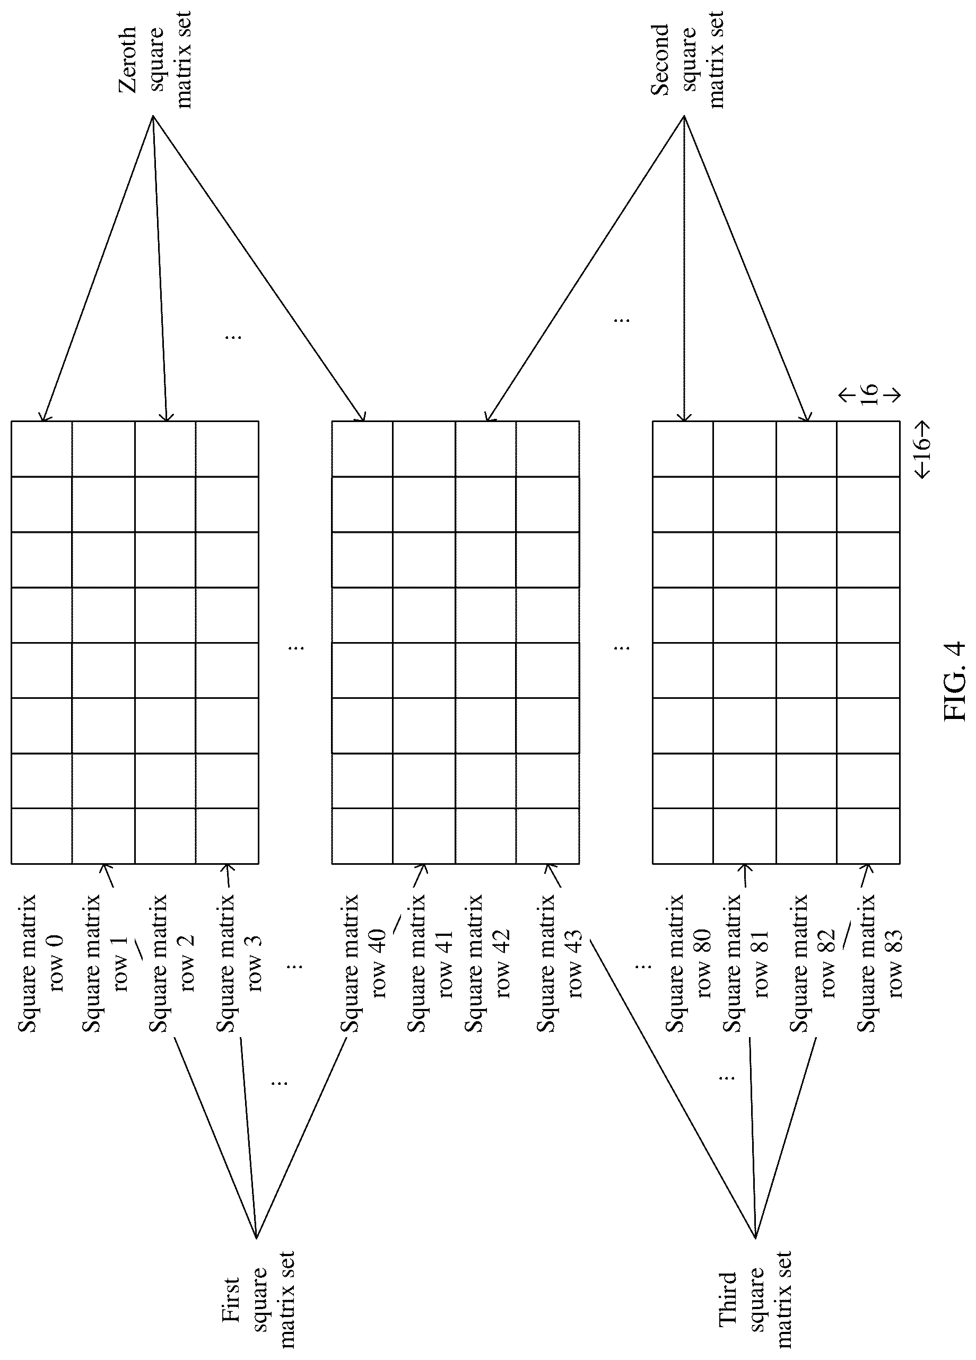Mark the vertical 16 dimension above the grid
coord(869,393)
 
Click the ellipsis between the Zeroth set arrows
coord(233,336)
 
